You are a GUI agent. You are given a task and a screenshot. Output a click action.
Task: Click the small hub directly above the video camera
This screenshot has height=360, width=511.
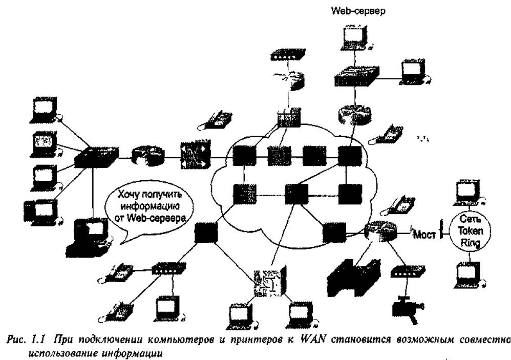pos(408,272)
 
